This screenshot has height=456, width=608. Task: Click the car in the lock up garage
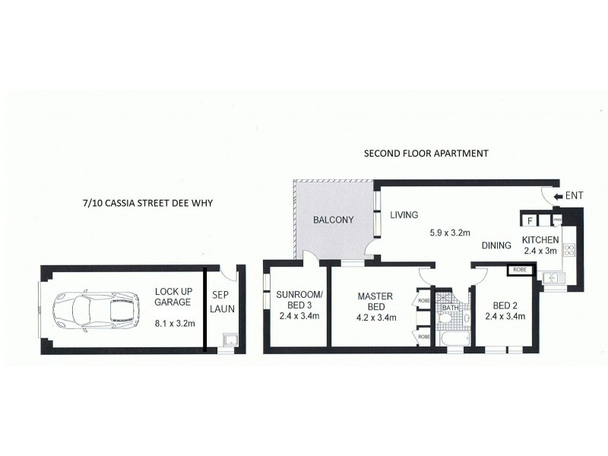(95, 309)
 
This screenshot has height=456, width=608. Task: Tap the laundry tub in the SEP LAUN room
(227, 339)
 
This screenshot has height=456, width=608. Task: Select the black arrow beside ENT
(559, 197)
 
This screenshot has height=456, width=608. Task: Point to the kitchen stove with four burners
(569, 249)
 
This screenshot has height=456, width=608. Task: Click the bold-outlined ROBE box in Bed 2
(520, 269)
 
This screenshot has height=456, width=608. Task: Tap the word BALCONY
(334, 220)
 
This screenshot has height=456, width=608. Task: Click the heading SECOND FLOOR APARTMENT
(426, 153)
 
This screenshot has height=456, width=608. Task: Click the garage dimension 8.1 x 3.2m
(175, 322)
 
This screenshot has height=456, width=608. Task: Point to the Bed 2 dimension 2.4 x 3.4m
(505, 317)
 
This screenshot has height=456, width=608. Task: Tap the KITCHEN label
(540, 240)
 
